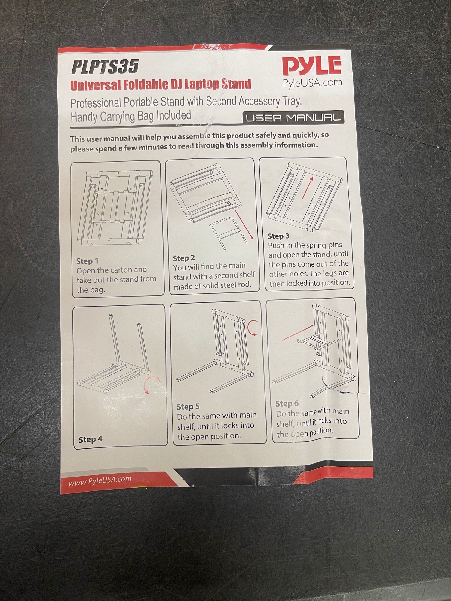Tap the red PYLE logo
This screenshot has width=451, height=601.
click(312, 66)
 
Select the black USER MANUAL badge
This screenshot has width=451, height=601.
click(293, 117)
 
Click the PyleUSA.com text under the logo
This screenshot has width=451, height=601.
click(312, 82)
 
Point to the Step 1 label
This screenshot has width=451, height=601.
click(87, 261)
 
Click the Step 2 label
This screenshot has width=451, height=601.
click(184, 258)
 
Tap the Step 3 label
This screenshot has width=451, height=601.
click(278, 236)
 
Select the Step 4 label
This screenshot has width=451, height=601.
click(91, 439)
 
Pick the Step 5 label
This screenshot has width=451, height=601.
click(188, 407)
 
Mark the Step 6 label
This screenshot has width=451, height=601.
click(287, 404)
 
